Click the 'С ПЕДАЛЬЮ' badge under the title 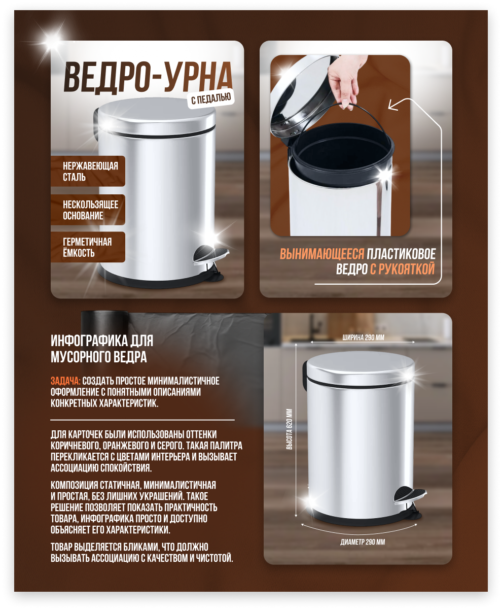pyautogui.click(x=211, y=98)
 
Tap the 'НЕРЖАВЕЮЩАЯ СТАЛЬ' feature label pyautogui.click(x=88, y=171)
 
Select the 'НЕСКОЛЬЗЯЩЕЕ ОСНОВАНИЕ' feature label pyautogui.click(x=88, y=210)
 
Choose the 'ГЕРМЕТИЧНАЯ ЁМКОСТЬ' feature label pyautogui.click(x=88, y=247)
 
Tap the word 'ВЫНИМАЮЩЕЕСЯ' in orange pyautogui.click(x=322, y=254)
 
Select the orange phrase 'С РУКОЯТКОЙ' pyautogui.click(x=403, y=269)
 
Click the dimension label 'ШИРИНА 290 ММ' pyautogui.click(x=363, y=337)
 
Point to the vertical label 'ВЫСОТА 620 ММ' pyautogui.click(x=289, y=429)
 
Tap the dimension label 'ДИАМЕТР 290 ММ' pyautogui.click(x=363, y=542)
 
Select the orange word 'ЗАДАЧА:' pyautogui.click(x=65, y=381)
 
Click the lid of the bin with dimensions pyautogui.click(x=360, y=368)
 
